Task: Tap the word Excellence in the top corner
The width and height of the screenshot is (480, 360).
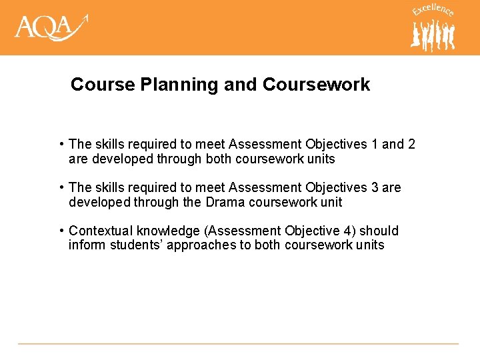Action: click(433, 10)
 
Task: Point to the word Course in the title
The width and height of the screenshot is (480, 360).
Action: click(97, 85)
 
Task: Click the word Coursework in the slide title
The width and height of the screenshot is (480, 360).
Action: click(316, 85)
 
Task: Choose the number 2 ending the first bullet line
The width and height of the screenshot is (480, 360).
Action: click(411, 144)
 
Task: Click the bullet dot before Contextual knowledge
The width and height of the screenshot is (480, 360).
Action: click(61, 231)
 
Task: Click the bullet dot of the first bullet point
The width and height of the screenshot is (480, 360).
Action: click(61, 144)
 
